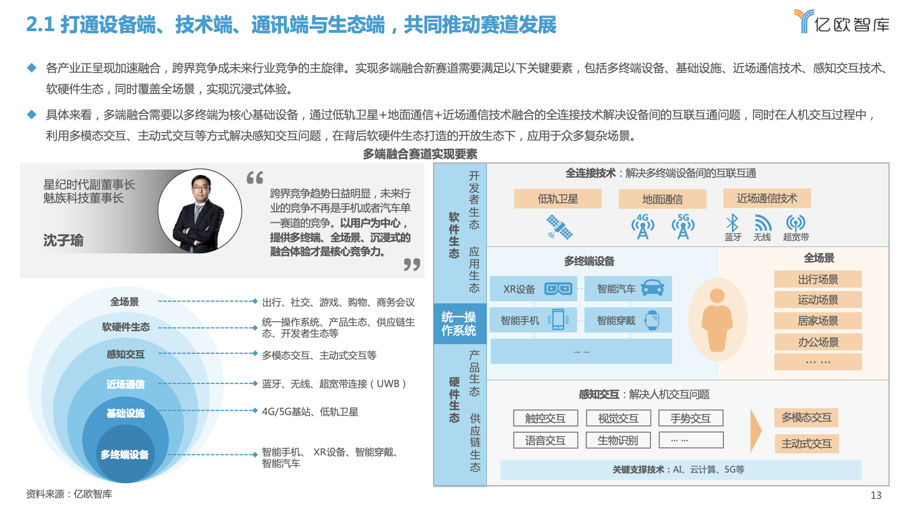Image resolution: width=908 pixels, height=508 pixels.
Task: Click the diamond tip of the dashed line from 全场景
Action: click(255, 301)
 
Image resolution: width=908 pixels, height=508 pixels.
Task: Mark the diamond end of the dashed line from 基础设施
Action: click(255, 411)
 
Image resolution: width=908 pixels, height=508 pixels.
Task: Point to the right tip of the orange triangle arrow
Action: click(761, 430)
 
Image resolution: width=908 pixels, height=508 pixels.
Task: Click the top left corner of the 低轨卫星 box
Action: click(515, 190)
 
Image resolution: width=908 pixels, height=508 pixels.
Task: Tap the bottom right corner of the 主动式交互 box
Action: click(838, 453)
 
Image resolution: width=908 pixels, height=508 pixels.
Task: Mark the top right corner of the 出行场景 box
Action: click(862, 271)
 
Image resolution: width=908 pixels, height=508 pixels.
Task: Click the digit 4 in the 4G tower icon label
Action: click(640, 217)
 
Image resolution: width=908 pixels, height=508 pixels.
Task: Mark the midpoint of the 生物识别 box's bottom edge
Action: click(618, 448)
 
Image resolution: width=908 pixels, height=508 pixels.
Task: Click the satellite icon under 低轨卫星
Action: click(559, 227)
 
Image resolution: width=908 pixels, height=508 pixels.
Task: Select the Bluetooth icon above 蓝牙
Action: click(732, 223)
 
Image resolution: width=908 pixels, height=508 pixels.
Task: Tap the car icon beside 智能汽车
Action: click(652, 288)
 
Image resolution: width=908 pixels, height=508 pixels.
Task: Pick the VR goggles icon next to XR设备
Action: click(558, 288)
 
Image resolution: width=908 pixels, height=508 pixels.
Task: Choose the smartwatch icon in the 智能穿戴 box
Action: click(652, 320)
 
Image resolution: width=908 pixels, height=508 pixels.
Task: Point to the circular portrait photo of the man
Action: click(200, 211)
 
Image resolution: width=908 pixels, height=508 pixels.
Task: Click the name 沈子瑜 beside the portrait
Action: click(63, 240)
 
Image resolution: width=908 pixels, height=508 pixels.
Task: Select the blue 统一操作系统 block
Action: click(460, 324)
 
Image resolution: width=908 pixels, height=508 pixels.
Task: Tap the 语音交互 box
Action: click(546, 440)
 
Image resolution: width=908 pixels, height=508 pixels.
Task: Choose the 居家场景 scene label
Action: click(818, 321)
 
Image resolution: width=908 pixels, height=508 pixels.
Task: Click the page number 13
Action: click(876, 495)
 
